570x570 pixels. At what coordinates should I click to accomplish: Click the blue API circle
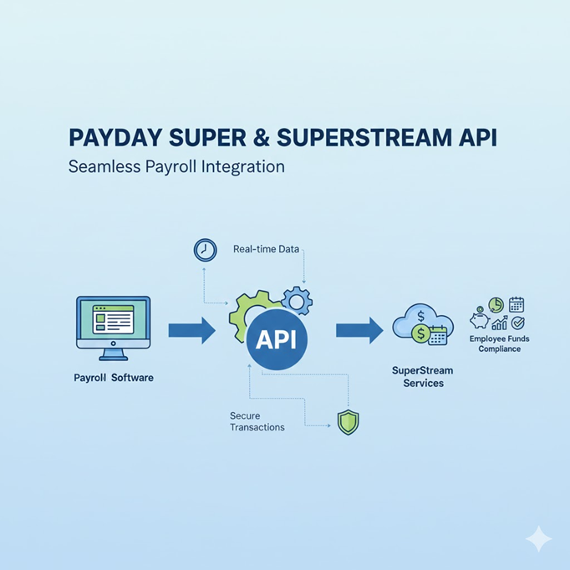tap(276, 339)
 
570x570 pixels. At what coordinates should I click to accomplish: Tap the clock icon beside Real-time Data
tap(205, 250)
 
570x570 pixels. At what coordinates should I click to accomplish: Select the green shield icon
tap(348, 422)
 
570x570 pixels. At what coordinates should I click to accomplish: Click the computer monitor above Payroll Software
tap(113, 322)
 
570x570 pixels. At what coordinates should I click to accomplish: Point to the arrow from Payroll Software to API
tap(191, 331)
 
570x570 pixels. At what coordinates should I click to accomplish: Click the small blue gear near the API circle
tap(297, 299)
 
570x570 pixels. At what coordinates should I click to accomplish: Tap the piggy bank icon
tap(480, 321)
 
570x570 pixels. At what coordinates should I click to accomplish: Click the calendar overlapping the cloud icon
tap(438, 336)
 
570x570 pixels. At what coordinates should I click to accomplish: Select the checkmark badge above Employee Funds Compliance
tap(518, 323)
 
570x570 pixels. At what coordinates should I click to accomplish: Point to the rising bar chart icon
tap(499, 323)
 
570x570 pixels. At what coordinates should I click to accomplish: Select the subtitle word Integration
tap(243, 166)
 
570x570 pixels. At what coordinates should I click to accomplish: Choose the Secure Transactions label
tap(257, 421)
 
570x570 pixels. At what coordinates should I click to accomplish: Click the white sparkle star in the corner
tap(539, 539)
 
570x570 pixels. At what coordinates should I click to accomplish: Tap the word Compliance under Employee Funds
tap(500, 349)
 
